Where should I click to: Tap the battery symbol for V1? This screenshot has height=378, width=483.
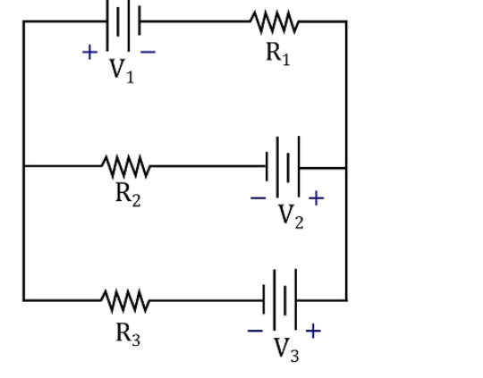point(124,20)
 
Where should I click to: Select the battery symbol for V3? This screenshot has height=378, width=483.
point(284,300)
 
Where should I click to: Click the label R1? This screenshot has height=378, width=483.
point(277,53)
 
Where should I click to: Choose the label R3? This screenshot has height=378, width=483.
point(128,333)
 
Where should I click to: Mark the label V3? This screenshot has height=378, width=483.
point(287,349)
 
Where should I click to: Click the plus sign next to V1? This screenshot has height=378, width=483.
point(89,52)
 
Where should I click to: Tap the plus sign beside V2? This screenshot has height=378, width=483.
point(316,197)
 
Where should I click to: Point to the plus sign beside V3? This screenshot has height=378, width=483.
point(313,331)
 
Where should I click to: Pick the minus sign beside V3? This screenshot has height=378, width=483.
point(256,332)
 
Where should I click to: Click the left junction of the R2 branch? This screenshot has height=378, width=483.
point(24,165)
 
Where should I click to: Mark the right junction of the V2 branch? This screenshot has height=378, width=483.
point(346,166)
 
